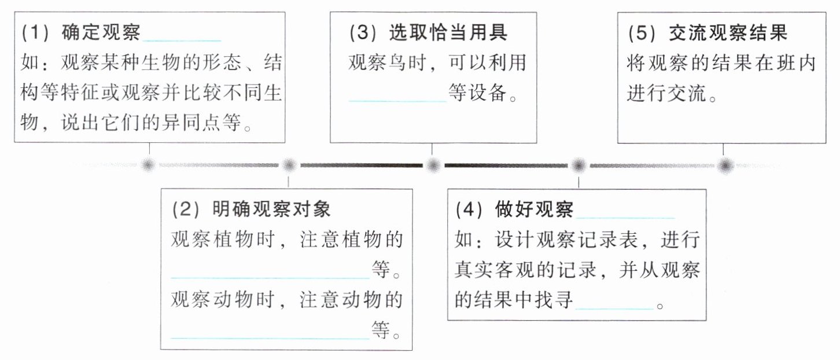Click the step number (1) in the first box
pos(38,33)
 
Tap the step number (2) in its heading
pos(186,209)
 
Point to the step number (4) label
pos(469,209)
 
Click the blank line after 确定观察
pos(182,39)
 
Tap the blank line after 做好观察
pos(626,216)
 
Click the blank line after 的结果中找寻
pos(614,308)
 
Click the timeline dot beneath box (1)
pos(148,166)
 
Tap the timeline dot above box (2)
pos(289,166)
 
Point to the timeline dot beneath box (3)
pos(432,166)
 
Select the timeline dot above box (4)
pos(577,166)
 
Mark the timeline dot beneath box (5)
pos(724,166)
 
